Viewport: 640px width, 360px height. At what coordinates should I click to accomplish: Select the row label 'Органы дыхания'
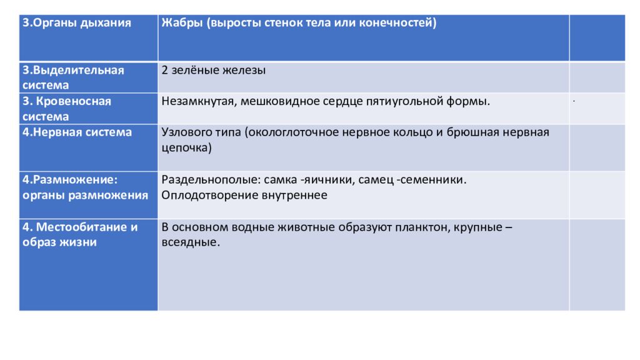click(x=77, y=23)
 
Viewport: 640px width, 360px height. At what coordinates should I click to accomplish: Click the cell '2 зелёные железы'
click(x=214, y=70)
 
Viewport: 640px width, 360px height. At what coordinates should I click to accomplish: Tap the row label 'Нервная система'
click(x=77, y=132)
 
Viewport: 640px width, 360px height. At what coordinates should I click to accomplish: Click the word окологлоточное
click(x=293, y=132)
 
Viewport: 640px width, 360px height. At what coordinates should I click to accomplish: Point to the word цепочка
click(x=186, y=148)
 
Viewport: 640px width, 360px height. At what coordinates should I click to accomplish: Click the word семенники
click(x=432, y=180)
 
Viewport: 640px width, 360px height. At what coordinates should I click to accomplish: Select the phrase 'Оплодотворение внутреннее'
click(x=244, y=195)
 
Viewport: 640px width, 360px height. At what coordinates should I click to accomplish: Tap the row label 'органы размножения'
click(x=86, y=195)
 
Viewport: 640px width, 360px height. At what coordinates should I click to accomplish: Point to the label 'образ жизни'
click(x=60, y=242)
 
